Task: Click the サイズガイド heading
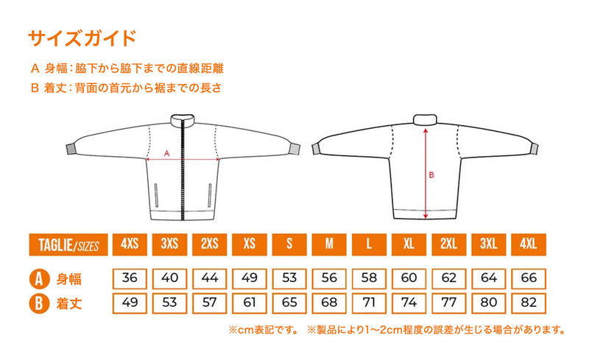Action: pos(82,38)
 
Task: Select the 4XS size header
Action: pos(130,244)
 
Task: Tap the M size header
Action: pos(329,244)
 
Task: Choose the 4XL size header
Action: pos(529,244)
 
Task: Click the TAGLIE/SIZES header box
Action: pos(68,244)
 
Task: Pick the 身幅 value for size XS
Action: pos(250,278)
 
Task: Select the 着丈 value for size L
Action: pos(369,303)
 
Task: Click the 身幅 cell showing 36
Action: pos(130,278)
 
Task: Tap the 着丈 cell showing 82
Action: pos(529,303)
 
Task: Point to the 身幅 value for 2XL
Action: pos(449,278)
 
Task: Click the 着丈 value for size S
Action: pos(289,303)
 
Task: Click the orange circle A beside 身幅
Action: pos(39,279)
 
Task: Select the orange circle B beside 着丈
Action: pos(39,303)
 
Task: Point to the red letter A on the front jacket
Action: pos(167,153)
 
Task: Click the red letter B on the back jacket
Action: pos(431,174)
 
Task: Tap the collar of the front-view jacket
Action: pos(183,119)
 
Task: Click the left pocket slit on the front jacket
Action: pos(156,195)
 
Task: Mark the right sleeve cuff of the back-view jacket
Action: pos(534,149)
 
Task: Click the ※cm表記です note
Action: pos(264,330)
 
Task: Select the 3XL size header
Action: pos(489,244)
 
